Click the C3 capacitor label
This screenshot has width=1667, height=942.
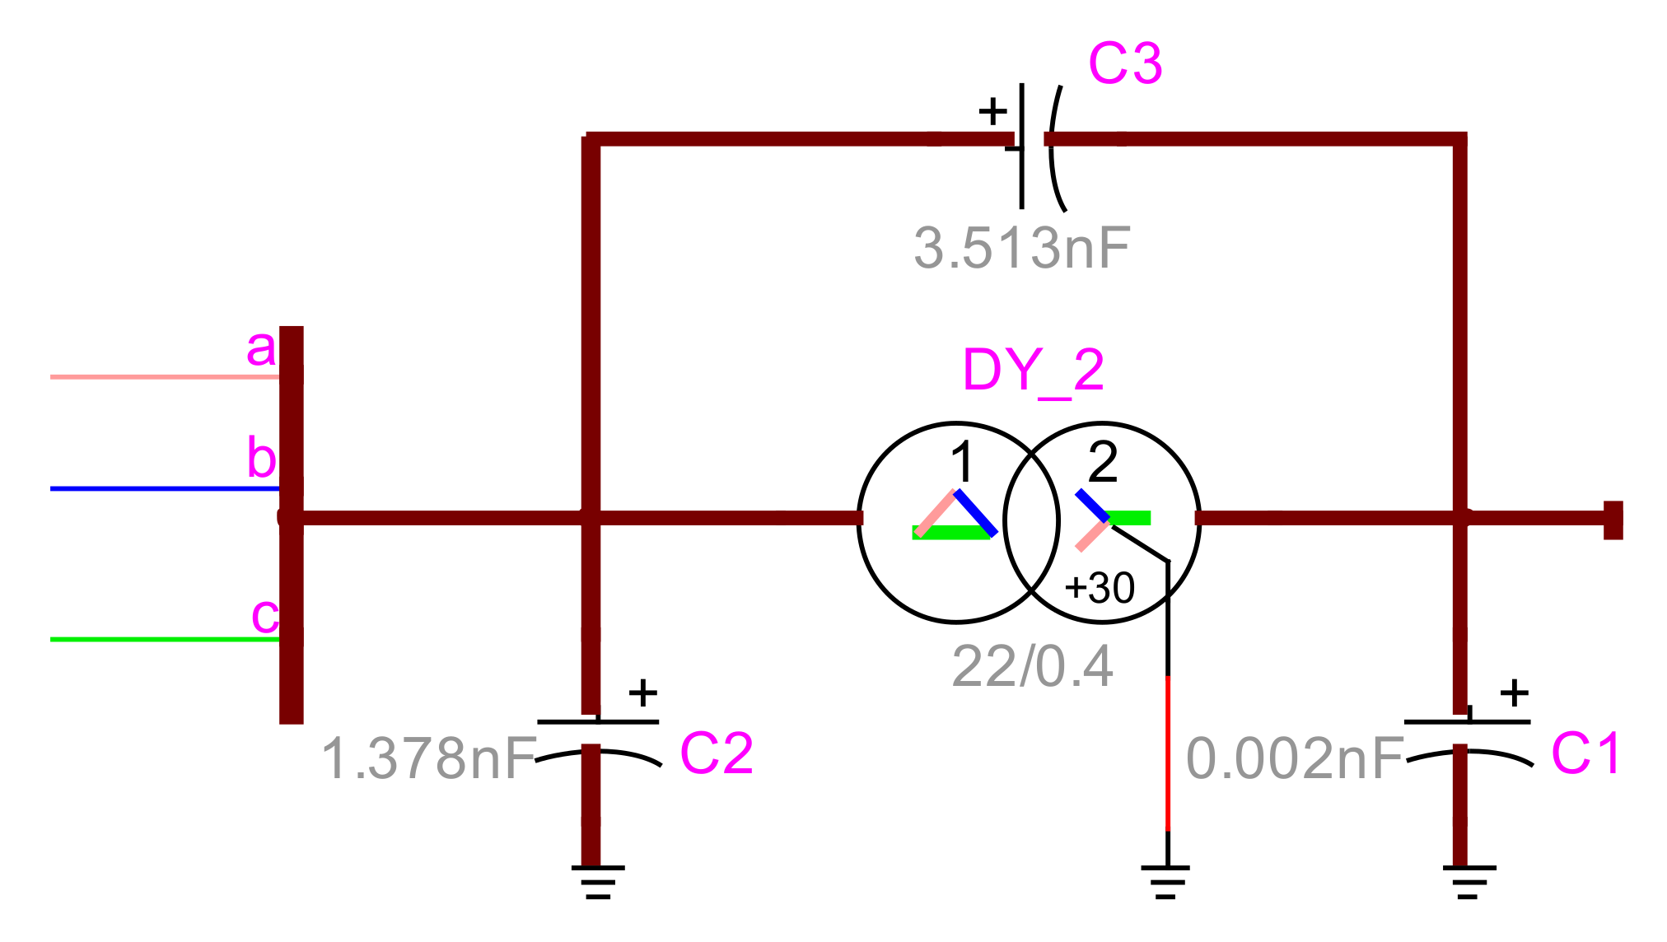[1124, 63]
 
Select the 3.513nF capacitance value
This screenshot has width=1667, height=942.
[1022, 248]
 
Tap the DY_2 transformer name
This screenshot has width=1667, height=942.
[1033, 371]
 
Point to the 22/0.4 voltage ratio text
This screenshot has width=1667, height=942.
[1032, 666]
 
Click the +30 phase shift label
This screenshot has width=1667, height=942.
[1100, 589]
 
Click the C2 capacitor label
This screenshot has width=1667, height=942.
[716, 753]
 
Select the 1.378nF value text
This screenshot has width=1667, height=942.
[429, 758]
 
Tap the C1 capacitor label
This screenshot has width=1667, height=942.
[1585, 753]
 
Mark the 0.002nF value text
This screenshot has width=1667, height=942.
[1295, 758]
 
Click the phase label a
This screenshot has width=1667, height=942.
[261, 348]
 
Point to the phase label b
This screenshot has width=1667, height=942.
[261, 458]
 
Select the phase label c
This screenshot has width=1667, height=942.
[264, 615]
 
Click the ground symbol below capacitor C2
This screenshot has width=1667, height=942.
[598, 881]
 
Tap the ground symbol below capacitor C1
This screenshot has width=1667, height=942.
[1469, 881]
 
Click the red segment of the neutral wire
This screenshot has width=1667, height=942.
[1168, 753]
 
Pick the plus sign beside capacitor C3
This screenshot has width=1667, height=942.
[992, 110]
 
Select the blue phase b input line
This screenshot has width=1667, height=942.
[165, 489]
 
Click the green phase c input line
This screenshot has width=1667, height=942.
[165, 639]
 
